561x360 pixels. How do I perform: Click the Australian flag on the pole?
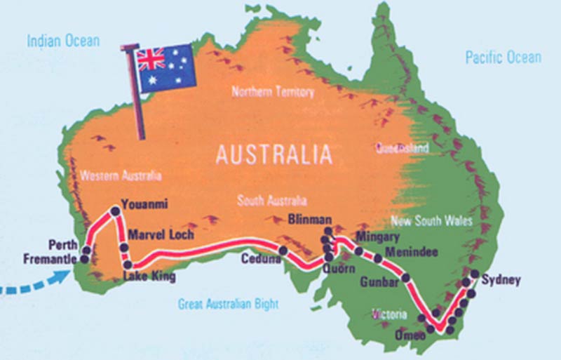165,69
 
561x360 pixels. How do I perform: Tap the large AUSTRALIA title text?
273,154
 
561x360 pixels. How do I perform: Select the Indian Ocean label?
63,41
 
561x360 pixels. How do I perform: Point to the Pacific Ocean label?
503,58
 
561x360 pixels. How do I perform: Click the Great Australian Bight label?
228,305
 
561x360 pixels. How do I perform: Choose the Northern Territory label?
273,92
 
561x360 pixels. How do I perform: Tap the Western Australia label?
121,175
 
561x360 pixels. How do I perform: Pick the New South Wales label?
431,221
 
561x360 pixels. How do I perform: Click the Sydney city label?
502,281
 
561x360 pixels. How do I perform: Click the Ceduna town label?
260,259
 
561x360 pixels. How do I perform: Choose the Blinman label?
309,219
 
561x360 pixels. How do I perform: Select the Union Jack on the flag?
151,59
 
